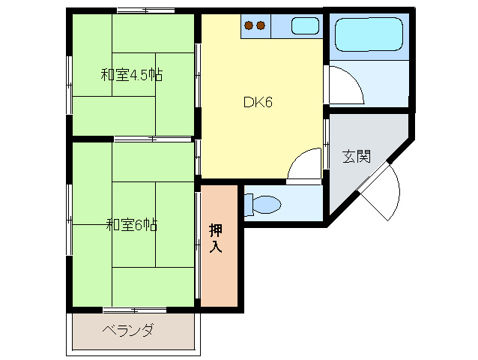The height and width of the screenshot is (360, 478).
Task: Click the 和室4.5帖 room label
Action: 132,75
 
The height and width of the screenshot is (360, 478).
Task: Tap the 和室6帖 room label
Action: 131,224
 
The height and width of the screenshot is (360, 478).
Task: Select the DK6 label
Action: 257,103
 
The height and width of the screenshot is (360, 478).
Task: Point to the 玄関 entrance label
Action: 357,157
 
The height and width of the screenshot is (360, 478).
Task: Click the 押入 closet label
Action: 216,238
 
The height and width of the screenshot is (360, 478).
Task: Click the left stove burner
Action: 249,26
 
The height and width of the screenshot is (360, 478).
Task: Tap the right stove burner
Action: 261,26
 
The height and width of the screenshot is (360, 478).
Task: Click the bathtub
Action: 369,33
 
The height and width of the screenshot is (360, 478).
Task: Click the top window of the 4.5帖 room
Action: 145,10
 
